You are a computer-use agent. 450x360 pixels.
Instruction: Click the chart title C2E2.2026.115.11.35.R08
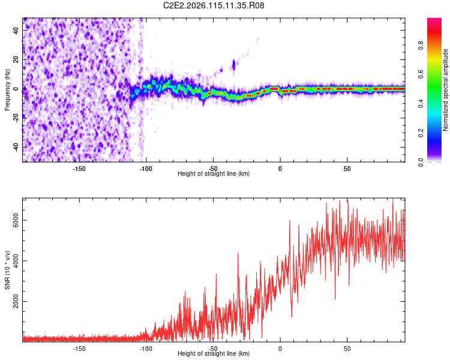[x=214, y=5]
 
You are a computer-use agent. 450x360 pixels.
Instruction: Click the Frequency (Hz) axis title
[x=7, y=90]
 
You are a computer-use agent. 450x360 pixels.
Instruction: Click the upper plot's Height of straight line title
[x=214, y=174]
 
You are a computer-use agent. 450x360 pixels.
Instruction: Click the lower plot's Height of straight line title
[x=214, y=354]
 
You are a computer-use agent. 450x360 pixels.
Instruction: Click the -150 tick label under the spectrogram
[x=79, y=169]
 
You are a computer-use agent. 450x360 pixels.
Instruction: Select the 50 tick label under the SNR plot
[x=347, y=349]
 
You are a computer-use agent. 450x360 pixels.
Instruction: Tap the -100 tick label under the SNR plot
[x=146, y=349]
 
